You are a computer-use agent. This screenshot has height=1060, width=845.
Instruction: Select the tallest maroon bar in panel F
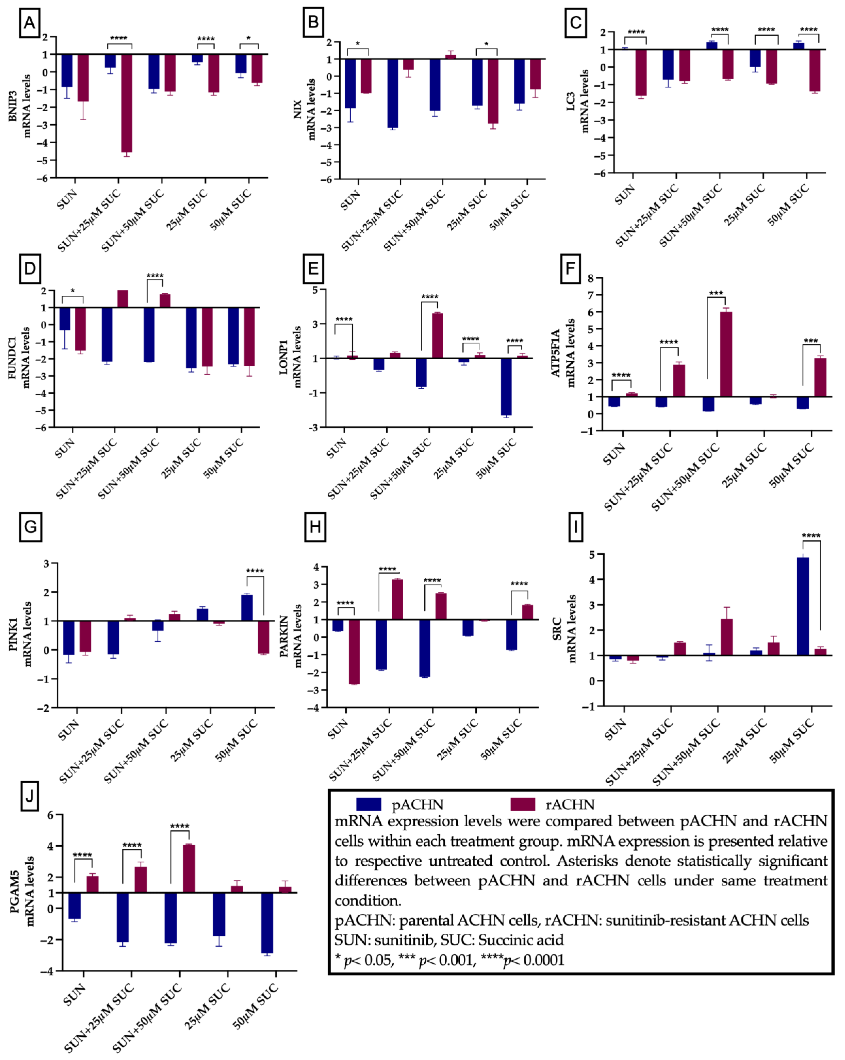pos(725,354)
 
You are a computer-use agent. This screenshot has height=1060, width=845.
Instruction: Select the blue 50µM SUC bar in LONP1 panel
pos(506,386)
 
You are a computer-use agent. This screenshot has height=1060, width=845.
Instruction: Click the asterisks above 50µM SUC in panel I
pos(811,535)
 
